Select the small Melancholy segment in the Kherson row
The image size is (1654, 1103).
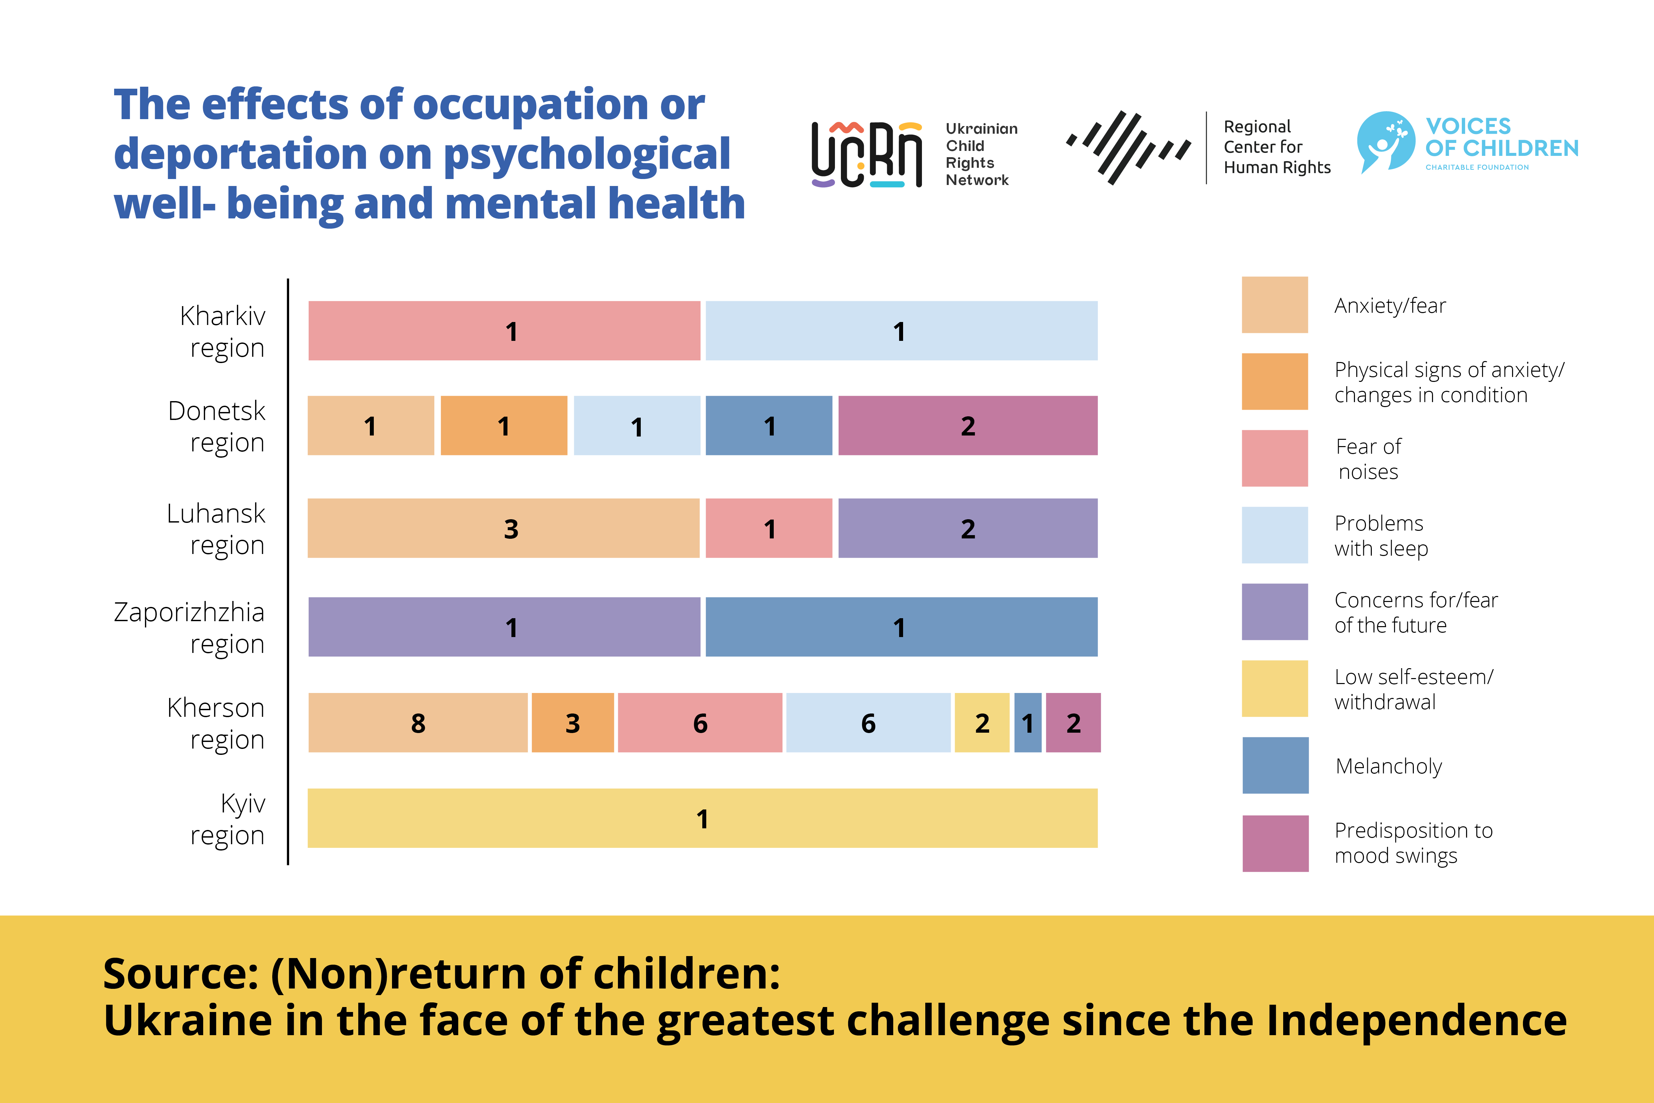(x=1027, y=722)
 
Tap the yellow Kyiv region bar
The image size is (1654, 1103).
(x=702, y=818)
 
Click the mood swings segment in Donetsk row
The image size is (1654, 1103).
(x=968, y=426)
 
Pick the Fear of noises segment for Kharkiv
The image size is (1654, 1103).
(x=504, y=331)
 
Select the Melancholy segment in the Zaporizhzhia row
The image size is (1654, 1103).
(x=901, y=627)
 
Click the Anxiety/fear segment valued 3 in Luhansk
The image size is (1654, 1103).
(x=503, y=528)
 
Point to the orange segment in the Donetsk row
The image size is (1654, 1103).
(x=503, y=426)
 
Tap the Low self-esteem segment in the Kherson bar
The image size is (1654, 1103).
(x=982, y=722)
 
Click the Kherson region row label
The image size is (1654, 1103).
(x=216, y=723)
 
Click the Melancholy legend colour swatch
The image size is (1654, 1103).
(x=1275, y=765)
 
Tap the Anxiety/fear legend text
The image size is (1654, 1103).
(x=1390, y=305)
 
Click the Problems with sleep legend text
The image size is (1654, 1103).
(x=1380, y=535)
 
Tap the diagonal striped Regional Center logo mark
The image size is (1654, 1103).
(x=1127, y=147)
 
